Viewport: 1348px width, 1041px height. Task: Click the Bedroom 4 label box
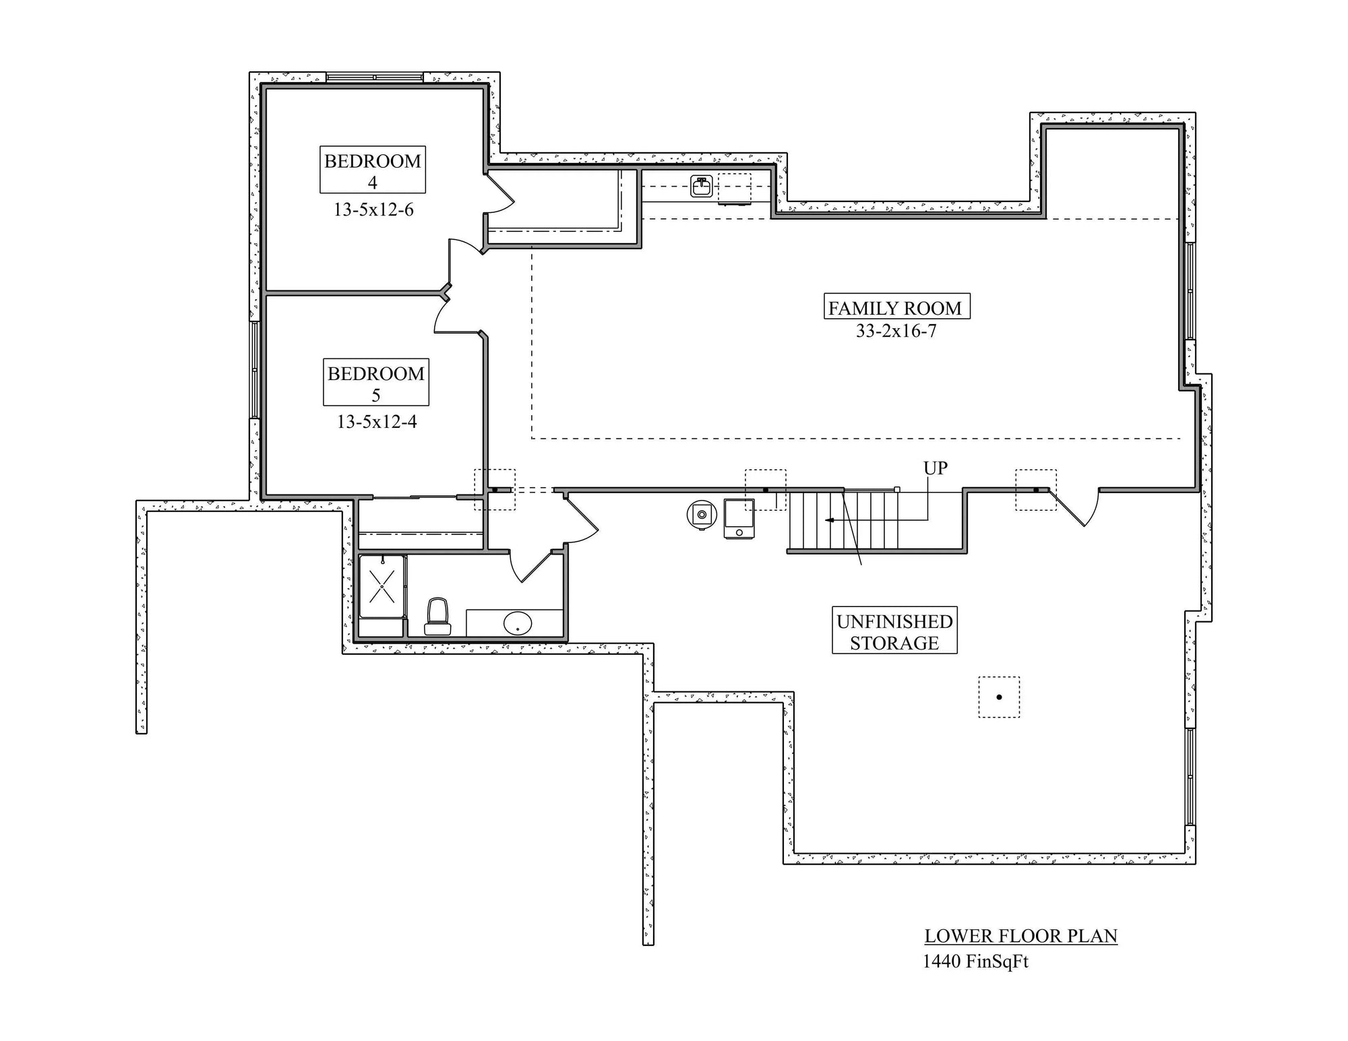pyautogui.click(x=372, y=170)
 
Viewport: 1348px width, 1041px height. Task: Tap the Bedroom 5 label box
pyautogui.click(x=375, y=382)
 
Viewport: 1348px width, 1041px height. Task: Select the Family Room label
pyautogui.click(x=896, y=307)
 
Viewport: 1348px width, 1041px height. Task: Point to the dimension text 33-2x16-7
pyautogui.click(x=896, y=331)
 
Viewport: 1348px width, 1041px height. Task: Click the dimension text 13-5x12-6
pyautogui.click(x=373, y=210)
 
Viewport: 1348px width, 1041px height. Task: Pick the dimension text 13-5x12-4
pyautogui.click(x=377, y=422)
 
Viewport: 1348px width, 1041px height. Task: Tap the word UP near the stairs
pyautogui.click(x=935, y=468)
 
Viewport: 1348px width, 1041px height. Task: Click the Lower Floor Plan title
pyautogui.click(x=1020, y=936)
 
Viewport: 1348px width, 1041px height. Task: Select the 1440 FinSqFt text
pyautogui.click(x=975, y=961)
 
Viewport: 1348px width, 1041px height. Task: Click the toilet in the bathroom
pyautogui.click(x=437, y=616)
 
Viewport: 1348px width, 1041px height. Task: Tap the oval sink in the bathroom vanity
pyautogui.click(x=518, y=623)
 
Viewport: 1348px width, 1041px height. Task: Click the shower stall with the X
pyautogui.click(x=382, y=586)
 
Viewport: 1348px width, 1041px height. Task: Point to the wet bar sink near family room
pyautogui.click(x=702, y=186)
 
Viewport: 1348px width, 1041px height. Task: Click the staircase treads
pyautogui.click(x=842, y=520)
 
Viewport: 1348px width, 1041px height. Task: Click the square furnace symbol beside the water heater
pyautogui.click(x=739, y=518)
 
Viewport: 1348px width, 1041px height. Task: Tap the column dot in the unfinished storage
pyautogui.click(x=999, y=697)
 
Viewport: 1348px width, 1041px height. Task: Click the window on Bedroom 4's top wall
pyautogui.click(x=375, y=77)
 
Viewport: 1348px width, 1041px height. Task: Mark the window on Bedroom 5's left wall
pyautogui.click(x=255, y=369)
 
